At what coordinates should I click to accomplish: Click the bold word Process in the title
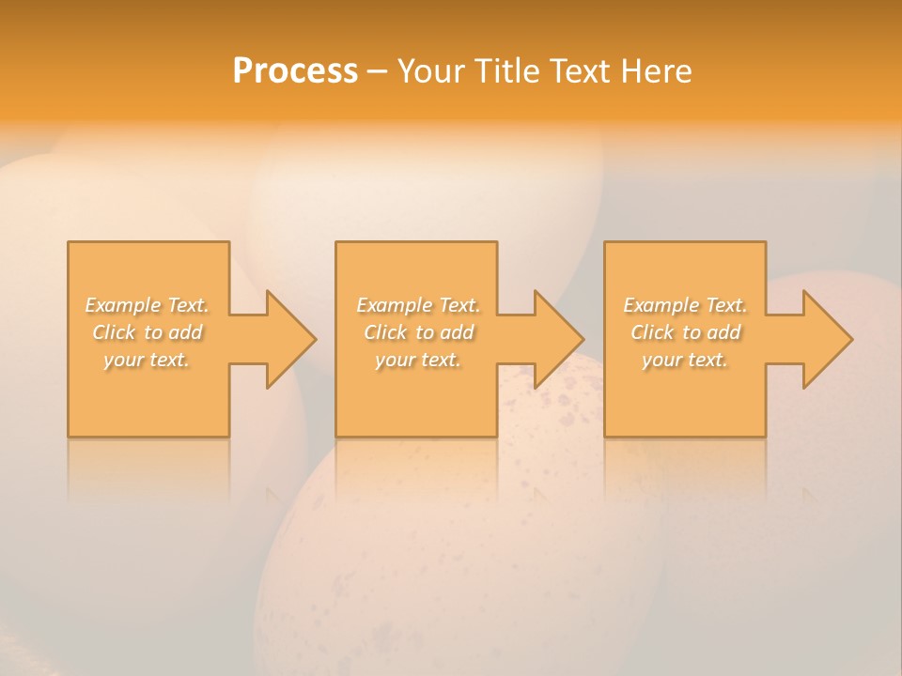tap(295, 71)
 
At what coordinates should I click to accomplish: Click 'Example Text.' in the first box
tap(148, 305)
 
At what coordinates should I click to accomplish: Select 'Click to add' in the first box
tap(148, 332)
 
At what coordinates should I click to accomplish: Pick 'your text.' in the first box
tap(148, 360)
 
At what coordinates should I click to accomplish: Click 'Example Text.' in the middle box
tap(418, 305)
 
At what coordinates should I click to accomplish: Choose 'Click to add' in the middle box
tap(418, 332)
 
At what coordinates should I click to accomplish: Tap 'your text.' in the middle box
tap(418, 360)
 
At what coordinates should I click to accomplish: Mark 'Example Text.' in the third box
tap(685, 305)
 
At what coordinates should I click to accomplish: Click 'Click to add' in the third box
tap(685, 332)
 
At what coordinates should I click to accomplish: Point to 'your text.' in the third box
tap(685, 360)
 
